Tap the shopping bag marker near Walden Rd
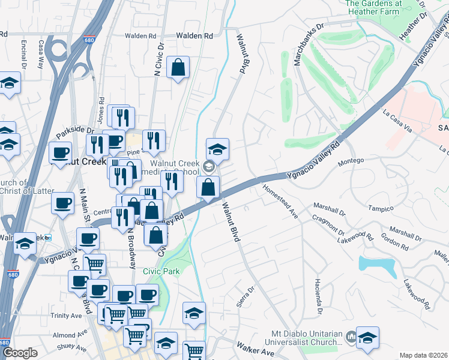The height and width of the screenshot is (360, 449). (178, 68)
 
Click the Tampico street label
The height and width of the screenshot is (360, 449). (381, 208)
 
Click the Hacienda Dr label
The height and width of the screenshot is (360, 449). (319, 292)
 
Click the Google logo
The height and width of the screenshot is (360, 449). (20, 353)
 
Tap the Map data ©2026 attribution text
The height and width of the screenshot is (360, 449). (423, 355)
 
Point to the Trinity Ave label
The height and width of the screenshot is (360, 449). (66, 316)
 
